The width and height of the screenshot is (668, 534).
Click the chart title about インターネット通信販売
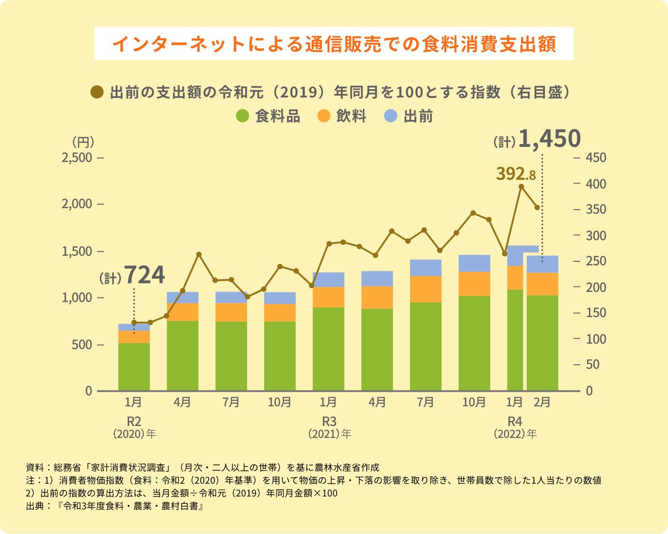(x=334, y=44)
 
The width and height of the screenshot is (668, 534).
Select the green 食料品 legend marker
(x=242, y=116)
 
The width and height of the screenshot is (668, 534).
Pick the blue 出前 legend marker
(x=391, y=116)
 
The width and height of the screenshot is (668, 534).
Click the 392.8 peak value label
(x=516, y=174)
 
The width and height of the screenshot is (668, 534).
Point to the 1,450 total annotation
(x=549, y=139)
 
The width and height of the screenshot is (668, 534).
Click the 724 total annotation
(x=144, y=275)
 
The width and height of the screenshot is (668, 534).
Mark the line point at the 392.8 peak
(x=521, y=187)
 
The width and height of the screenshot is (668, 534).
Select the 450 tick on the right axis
(x=596, y=158)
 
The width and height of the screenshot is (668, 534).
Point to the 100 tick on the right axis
(x=596, y=339)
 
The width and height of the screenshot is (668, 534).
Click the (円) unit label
(x=83, y=141)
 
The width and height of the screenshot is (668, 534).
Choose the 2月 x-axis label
(x=542, y=402)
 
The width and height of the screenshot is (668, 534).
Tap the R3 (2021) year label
(x=329, y=427)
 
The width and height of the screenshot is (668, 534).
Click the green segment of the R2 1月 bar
(x=134, y=366)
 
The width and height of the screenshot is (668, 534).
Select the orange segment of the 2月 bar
(x=542, y=284)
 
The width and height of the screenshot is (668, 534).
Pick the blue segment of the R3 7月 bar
(x=426, y=268)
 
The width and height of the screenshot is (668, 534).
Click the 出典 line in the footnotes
(x=114, y=507)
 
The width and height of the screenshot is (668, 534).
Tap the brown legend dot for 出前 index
(x=97, y=92)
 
